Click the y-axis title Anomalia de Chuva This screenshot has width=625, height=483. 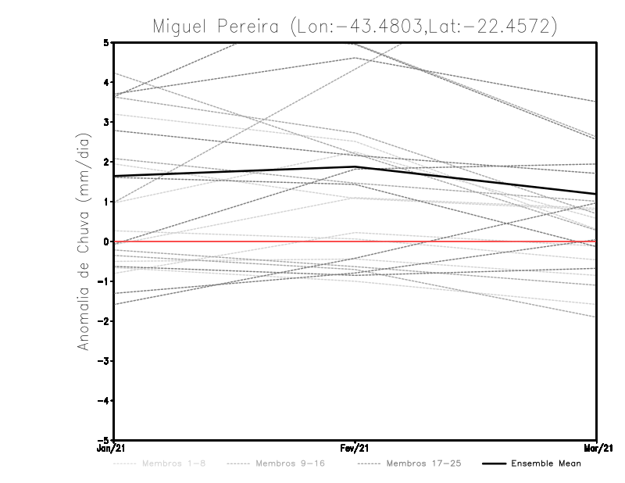pyautogui.click(x=85, y=241)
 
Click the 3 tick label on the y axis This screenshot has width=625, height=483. pyautogui.click(x=106, y=122)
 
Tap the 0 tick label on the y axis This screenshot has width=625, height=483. pyautogui.click(x=106, y=241)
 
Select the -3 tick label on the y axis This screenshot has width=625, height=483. pyautogui.click(x=105, y=361)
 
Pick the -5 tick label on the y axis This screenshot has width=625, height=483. pyautogui.click(x=105, y=440)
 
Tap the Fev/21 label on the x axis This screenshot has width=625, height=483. pyautogui.click(x=355, y=449)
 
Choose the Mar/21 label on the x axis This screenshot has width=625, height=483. pyautogui.click(x=596, y=449)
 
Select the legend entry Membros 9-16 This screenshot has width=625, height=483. pyautogui.click(x=292, y=463)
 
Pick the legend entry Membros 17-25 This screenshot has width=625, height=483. pyautogui.click(x=424, y=463)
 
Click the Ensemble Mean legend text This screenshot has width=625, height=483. pyautogui.click(x=546, y=463)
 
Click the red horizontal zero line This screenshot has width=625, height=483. pyautogui.click(x=234, y=241)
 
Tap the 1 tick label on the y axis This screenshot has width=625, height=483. pyautogui.click(x=106, y=202)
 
